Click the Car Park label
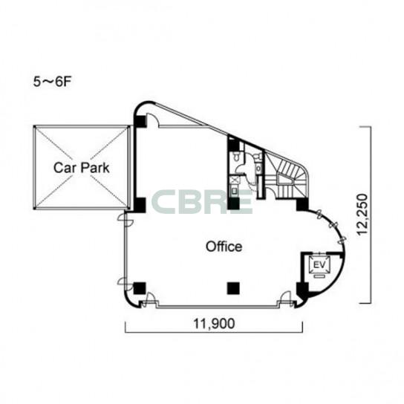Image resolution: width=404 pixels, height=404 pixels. pos(82,168)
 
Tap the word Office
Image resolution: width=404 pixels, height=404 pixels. pos(224,247)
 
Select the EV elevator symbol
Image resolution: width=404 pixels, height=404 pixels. pos(319,264)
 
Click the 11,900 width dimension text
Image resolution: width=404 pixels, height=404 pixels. pos(214,324)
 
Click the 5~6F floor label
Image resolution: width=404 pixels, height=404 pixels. pos(52,82)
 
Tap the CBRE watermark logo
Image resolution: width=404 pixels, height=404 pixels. pos(202,202)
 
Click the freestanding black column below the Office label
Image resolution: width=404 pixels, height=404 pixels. pos(233,288)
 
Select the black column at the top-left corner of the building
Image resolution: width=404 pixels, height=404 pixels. pos(140,121)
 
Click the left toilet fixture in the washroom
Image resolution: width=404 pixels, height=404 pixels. pos(236,157)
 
